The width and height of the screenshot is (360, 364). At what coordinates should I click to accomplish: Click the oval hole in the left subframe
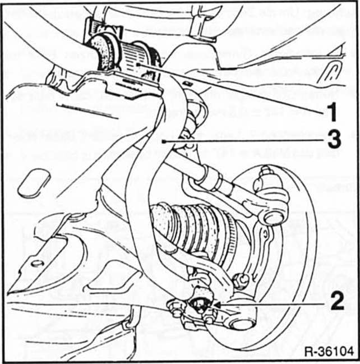(x=34, y=184)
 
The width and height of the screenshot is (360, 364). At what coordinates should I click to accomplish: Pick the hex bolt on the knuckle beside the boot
(x=242, y=279)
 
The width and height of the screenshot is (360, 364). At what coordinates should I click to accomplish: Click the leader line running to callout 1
(x=236, y=90)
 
